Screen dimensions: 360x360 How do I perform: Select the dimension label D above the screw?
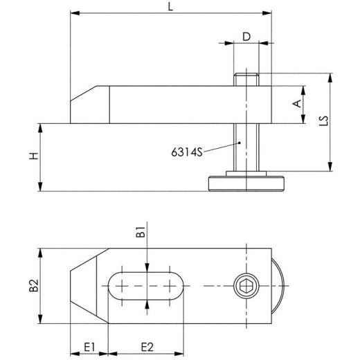pos(245,36)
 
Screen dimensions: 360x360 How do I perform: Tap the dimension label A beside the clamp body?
pos(296,104)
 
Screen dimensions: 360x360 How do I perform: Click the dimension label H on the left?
pos(33,157)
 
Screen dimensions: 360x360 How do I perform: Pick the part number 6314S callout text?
pos(186,152)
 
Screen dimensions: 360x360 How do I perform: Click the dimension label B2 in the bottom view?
pos(32,286)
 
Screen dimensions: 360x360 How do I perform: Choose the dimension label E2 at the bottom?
pos(146,345)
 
